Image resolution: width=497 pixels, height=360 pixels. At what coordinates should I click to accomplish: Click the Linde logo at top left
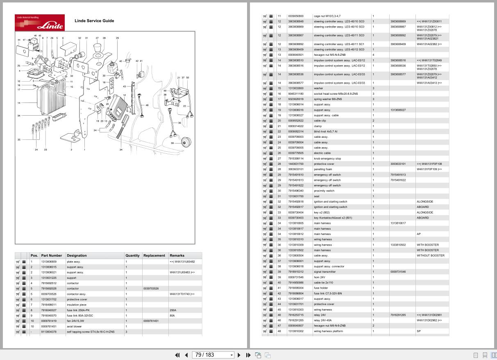[x=40, y=23]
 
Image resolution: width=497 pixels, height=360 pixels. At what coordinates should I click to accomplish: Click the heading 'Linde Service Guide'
[x=94, y=21]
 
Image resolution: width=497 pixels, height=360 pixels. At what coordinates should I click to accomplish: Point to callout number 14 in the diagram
[x=19, y=103]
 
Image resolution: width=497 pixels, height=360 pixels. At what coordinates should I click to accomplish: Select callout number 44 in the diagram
[x=19, y=40]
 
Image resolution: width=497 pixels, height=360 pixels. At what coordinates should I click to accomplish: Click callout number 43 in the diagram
[x=125, y=87]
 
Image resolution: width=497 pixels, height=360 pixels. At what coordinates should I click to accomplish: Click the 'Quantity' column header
[x=132, y=255]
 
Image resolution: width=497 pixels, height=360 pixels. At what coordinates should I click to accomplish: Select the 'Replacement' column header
[x=154, y=255]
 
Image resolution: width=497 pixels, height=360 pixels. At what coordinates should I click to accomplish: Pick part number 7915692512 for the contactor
[x=49, y=283]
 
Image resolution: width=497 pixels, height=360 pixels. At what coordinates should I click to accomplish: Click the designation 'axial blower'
[x=74, y=326]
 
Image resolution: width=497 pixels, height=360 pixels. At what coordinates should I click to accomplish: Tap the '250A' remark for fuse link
[x=173, y=310]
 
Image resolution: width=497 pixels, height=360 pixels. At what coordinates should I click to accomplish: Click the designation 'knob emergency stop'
[x=327, y=158]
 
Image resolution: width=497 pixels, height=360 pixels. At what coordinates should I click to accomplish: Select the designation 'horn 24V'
[x=320, y=277]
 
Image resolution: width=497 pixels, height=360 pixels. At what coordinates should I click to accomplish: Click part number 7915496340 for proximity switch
[x=296, y=191]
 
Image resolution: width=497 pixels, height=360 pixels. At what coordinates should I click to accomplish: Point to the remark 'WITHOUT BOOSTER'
[x=430, y=255]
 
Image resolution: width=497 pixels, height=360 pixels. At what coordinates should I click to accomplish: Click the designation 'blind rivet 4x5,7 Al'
[x=326, y=132]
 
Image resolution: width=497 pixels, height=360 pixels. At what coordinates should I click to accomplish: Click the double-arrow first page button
[x=177, y=355]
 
